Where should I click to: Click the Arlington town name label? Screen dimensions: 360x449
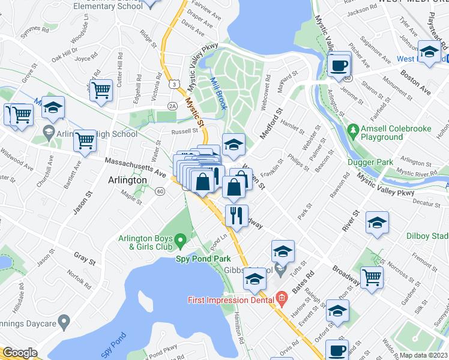coord(127,180)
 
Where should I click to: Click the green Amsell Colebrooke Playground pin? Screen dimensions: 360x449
coord(354,129)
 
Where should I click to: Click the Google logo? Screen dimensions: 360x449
coord(20,352)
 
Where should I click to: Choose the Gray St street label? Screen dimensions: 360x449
coord(85,259)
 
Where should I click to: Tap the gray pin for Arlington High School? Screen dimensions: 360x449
coord(49,131)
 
